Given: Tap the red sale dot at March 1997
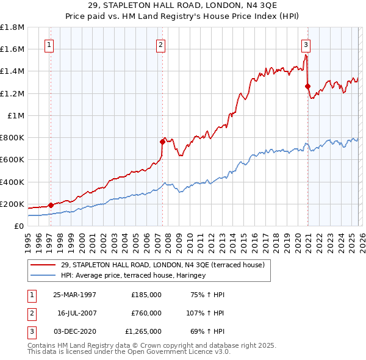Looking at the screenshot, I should point(51,206).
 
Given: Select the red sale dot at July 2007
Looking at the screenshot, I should point(162,142).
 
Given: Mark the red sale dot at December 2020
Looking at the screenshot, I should point(307,86).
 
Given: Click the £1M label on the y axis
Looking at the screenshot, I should point(16,115).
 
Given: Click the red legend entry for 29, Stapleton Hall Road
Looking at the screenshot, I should point(162,265).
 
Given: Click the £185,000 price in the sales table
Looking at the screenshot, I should point(146,295).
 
